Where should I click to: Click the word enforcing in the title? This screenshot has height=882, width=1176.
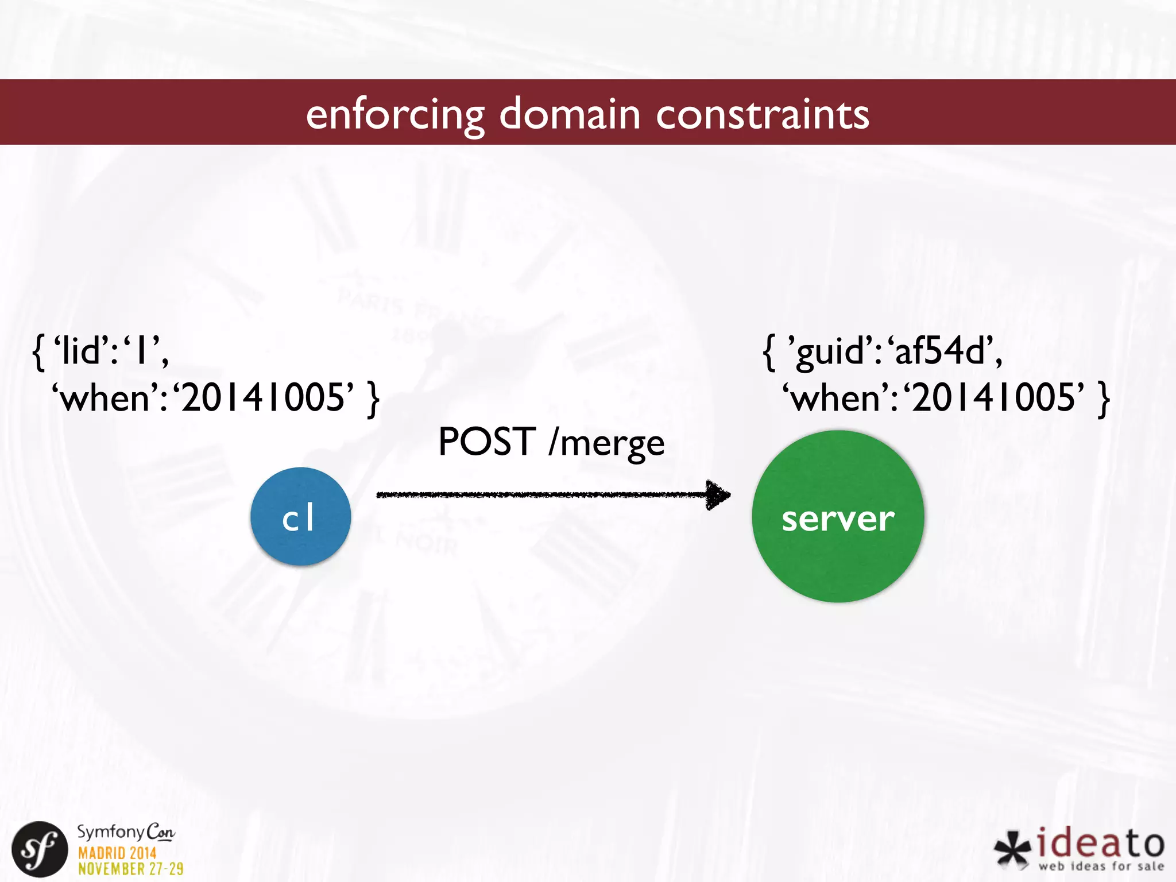click(395, 114)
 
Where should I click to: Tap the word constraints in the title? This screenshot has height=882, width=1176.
click(763, 113)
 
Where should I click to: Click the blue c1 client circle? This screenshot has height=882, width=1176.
click(300, 516)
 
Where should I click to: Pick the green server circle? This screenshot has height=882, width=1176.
click(838, 516)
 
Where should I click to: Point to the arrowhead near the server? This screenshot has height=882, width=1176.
click(718, 494)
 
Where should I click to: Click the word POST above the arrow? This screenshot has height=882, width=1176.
click(487, 442)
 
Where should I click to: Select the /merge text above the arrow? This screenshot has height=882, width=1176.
click(606, 443)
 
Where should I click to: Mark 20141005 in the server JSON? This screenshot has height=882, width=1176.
click(994, 397)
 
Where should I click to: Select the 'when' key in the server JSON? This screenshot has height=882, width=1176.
click(839, 397)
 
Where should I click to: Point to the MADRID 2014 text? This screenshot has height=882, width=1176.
click(117, 853)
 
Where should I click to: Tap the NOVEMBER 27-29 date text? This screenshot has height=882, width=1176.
click(130, 869)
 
